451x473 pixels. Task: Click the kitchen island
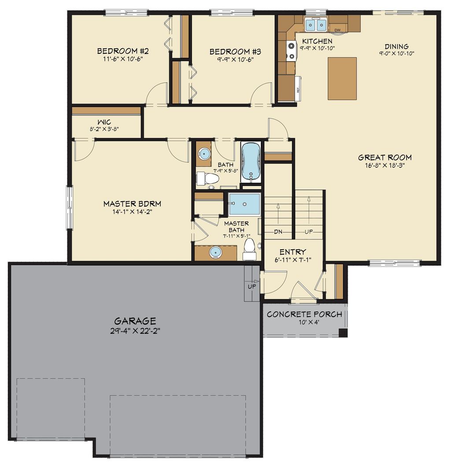342,78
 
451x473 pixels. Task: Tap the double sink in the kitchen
316,25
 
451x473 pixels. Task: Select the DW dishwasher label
338,30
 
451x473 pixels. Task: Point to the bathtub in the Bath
251,162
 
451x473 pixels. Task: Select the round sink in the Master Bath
215,252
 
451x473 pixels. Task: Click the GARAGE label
135,321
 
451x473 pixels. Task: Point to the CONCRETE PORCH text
304,314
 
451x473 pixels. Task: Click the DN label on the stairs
278,232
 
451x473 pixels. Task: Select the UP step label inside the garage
252,286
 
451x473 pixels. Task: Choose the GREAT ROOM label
384,157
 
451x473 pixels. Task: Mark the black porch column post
343,333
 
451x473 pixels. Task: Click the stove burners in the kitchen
291,50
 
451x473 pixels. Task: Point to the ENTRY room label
292,252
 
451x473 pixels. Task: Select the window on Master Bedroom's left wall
70,207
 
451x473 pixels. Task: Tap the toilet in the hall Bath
207,178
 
